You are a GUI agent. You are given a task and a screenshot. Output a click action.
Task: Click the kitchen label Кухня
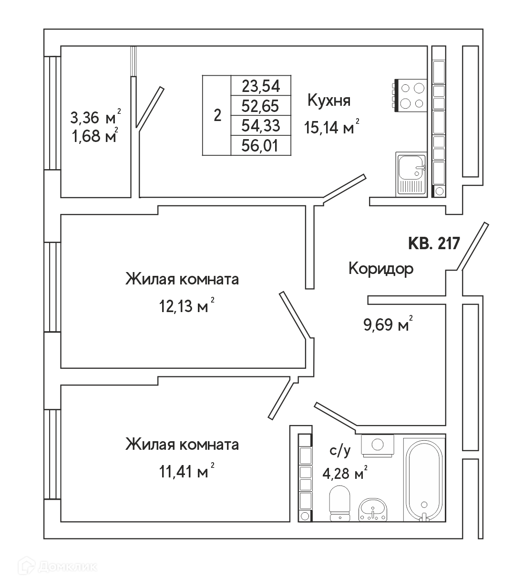(x=329, y=101)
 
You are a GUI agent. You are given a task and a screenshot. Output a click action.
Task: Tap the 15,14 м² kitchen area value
(x=331, y=127)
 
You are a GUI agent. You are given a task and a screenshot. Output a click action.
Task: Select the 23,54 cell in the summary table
(x=261, y=86)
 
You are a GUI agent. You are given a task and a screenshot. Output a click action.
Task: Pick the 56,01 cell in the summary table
(x=260, y=146)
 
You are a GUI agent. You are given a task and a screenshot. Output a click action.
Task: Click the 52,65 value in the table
(x=260, y=106)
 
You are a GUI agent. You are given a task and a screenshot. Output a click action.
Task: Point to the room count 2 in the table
(x=217, y=115)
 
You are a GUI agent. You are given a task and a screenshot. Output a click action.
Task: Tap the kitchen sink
(x=411, y=174)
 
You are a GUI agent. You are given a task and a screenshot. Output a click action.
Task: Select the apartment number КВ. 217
(x=434, y=243)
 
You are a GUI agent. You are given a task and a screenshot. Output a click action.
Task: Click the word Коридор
(x=381, y=269)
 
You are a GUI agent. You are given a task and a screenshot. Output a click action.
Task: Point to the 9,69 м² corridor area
(x=388, y=325)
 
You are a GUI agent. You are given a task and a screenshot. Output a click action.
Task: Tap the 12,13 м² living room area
(x=186, y=306)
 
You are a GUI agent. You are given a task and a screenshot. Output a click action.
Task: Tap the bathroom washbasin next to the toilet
(x=373, y=510)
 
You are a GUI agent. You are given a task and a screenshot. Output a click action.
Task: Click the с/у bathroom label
(x=340, y=451)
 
